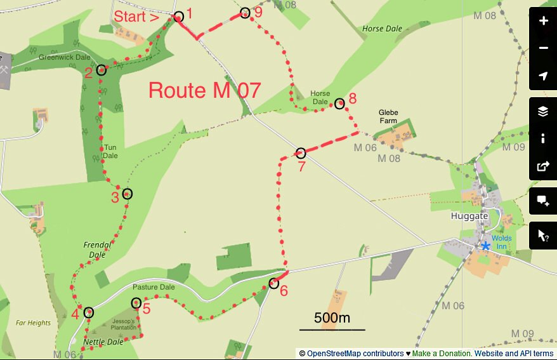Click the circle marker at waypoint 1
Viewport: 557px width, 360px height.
[x=179, y=17]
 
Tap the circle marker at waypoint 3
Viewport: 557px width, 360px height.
[x=127, y=194]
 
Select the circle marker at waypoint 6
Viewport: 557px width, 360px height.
[x=273, y=283]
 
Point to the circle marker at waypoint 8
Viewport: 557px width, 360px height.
[x=339, y=103]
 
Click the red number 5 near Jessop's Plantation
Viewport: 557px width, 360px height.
[x=147, y=310]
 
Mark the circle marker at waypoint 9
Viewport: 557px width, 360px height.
[x=246, y=13]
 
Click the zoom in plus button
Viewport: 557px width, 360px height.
[x=543, y=21]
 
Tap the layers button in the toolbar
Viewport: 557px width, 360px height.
[x=543, y=112]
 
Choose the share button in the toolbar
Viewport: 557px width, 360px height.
[x=543, y=166]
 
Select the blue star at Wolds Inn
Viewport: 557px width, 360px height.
[x=485, y=246]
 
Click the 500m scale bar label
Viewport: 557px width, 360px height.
[x=332, y=318]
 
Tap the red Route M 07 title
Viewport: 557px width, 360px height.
[x=204, y=90]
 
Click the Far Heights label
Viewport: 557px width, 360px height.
[x=34, y=323]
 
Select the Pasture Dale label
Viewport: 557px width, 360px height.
[x=154, y=287]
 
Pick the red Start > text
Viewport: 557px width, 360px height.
[x=136, y=17]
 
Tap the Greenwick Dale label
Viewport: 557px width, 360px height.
[x=65, y=57]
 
